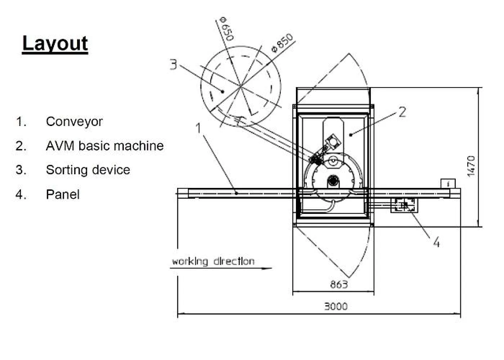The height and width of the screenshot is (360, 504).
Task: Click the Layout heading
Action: pos(55,44)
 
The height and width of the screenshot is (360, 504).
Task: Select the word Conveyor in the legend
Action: pos(74,122)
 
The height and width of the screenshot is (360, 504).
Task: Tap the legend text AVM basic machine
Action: pos(105,146)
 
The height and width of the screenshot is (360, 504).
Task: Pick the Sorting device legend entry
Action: pos(88,170)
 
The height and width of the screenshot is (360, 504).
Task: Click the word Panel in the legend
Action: pos(63,194)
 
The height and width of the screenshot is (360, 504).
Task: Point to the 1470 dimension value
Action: pos(471,166)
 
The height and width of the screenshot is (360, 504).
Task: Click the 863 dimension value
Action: pos(339,284)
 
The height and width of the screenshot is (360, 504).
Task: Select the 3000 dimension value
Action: pos(336,306)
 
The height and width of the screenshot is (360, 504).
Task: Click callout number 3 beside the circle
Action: pos(173,64)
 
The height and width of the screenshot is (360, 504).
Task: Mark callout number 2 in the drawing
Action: pos(402,112)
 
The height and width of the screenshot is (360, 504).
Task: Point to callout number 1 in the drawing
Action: pos(198,128)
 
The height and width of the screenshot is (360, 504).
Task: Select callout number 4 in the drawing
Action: pos(436,243)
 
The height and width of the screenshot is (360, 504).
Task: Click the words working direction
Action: pos(213,261)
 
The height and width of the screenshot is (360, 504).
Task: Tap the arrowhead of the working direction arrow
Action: pos(268,268)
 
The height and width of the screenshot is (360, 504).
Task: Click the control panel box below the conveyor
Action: pos(404,205)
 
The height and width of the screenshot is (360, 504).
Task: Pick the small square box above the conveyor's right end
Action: pos(448,184)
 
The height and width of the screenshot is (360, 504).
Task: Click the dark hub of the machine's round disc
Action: pos(334,180)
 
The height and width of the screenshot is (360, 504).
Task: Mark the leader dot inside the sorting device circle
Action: pos(222,91)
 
